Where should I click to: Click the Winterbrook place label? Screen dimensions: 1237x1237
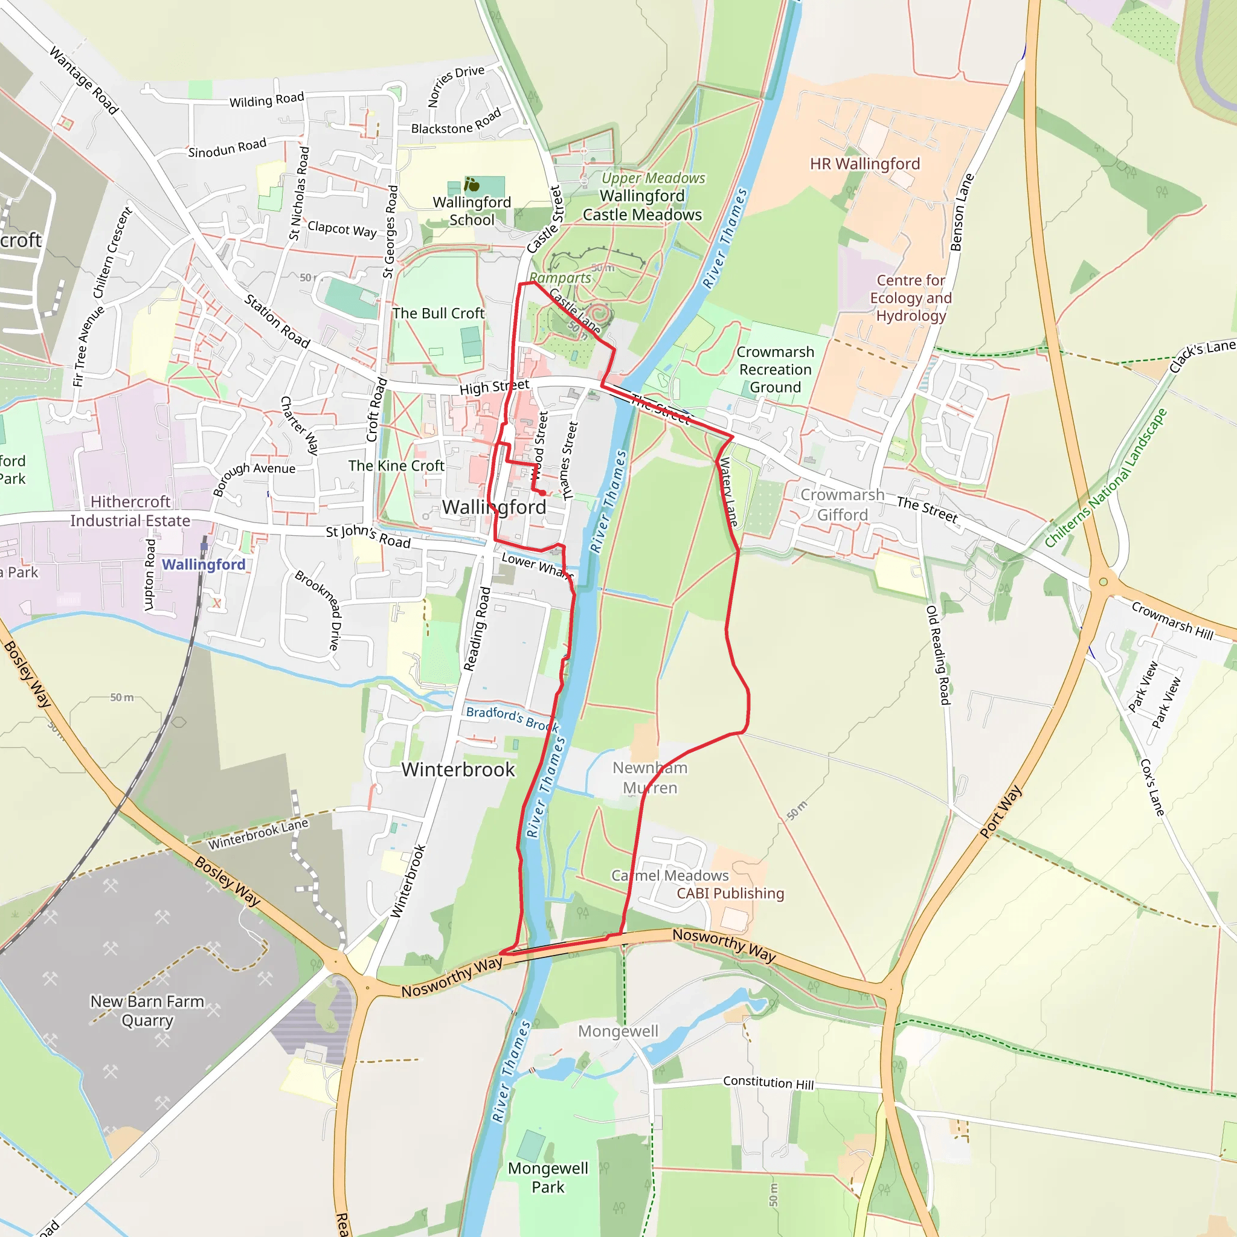(x=458, y=769)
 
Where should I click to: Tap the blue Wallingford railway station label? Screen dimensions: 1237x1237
(x=203, y=564)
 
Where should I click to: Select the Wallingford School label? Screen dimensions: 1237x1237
(x=472, y=211)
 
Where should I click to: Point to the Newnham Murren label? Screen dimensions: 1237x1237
(x=649, y=777)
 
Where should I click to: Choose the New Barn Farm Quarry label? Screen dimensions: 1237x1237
(x=147, y=1010)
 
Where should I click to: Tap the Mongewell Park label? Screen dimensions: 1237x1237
(x=548, y=1177)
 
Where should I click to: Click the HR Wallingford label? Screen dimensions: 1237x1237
(x=864, y=164)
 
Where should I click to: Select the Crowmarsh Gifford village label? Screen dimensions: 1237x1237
(x=842, y=504)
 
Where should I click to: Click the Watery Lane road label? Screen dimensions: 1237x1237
(x=728, y=492)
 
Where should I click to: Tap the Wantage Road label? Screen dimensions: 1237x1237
(x=84, y=81)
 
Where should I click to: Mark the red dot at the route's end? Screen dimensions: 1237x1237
(x=542, y=493)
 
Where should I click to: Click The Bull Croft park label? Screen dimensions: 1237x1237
(x=438, y=313)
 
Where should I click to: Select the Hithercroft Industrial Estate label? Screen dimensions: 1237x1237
(x=130, y=511)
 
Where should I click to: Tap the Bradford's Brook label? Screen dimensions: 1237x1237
(x=512, y=718)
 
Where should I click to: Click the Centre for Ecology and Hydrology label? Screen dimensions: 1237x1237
(x=910, y=298)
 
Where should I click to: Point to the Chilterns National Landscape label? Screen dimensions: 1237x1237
(x=1105, y=478)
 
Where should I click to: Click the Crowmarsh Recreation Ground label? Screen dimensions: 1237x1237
(x=775, y=370)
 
